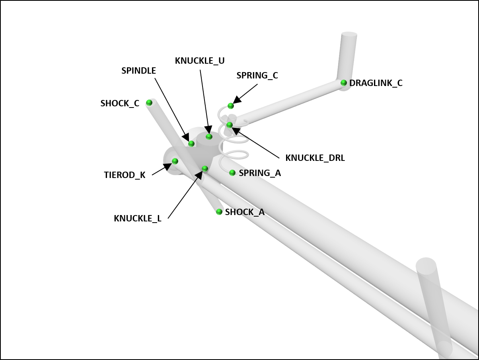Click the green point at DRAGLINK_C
344,83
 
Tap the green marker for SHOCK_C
149,103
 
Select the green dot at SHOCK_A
219,212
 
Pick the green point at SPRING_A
232,173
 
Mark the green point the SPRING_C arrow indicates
230,106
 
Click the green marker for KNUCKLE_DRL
230,125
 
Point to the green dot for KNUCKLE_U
209,137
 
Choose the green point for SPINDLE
191,144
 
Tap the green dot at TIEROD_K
175,161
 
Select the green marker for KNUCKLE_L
205,169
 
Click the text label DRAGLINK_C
376,83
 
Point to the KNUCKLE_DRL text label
315,158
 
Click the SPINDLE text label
139,71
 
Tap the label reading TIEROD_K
125,175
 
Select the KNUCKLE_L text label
138,219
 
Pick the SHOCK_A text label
245,212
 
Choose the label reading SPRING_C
257,76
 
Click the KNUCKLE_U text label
200,61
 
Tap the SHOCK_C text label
120,104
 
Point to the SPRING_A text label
260,173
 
